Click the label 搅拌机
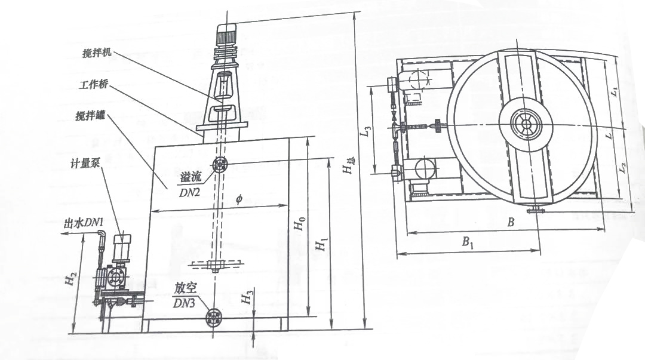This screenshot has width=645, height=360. (97, 54)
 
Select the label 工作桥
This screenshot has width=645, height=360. (93, 84)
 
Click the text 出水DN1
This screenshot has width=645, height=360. (83, 223)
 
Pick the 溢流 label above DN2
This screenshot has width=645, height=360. (191, 177)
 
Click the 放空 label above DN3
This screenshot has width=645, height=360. (185, 289)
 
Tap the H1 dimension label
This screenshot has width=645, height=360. (321, 244)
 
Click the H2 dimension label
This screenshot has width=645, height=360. (70, 280)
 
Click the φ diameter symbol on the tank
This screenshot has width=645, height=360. (239, 199)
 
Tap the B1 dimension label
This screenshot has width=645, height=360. (467, 242)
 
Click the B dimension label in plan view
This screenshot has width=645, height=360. (511, 222)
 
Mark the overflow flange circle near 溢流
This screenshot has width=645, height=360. (220, 165)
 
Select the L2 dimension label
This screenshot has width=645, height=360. (623, 167)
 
